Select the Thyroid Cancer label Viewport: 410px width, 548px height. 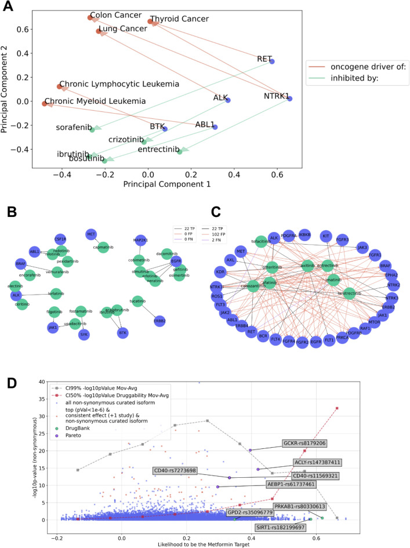(182, 19)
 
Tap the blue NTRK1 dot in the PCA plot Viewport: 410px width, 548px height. (289, 99)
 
